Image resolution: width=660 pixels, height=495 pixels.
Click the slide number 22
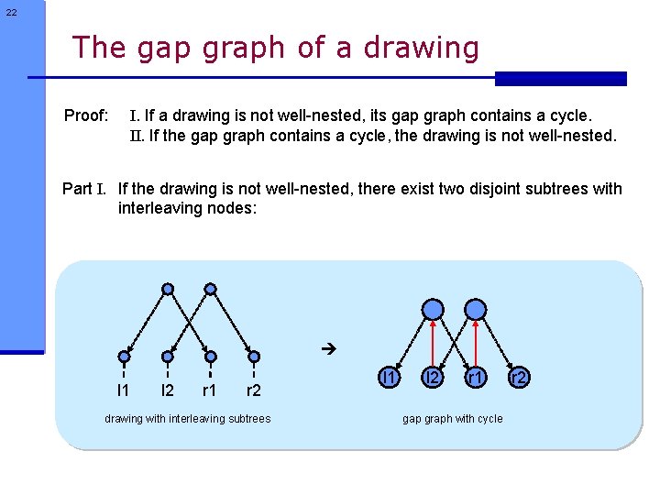[x=10, y=12]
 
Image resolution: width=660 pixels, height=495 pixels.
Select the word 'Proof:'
[x=86, y=116]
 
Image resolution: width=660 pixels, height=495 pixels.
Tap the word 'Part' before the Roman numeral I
[x=77, y=189]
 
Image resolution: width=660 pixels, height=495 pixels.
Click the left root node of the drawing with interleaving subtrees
[x=168, y=290]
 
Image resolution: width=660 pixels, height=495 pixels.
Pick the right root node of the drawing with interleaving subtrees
[x=211, y=290]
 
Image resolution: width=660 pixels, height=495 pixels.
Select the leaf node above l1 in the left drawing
[x=123, y=357]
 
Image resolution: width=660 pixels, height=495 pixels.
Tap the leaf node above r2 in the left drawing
[x=255, y=357]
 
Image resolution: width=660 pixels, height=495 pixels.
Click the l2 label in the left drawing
[x=167, y=391]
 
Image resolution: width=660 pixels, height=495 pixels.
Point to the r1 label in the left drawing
[x=210, y=391]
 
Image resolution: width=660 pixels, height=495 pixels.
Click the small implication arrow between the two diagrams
[x=331, y=349]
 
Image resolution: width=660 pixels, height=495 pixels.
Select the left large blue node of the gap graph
[x=434, y=310]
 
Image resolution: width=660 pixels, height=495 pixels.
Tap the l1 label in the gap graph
[x=390, y=377]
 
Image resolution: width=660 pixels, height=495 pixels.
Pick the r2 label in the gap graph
[x=519, y=377]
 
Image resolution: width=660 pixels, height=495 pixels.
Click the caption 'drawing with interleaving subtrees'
[x=188, y=419]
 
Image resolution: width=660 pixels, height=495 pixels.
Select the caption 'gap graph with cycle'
[x=453, y=419]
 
